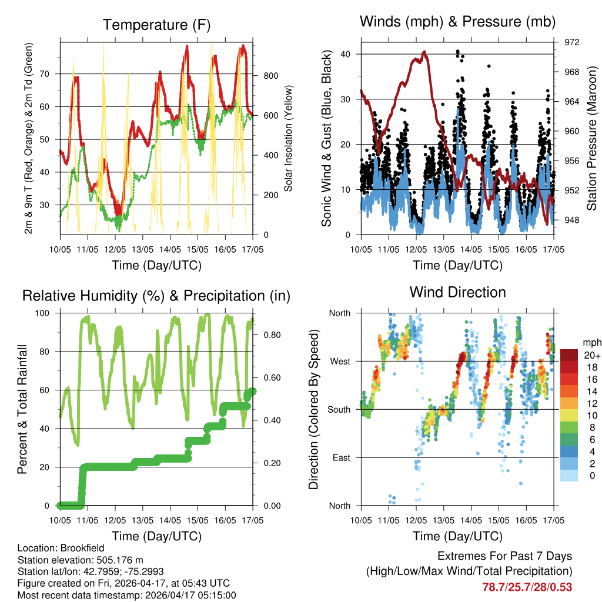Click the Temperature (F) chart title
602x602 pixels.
click(156, 25)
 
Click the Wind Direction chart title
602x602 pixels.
click(457, 292)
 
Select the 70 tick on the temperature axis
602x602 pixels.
click(49, 74)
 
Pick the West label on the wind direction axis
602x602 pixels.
click(339, 361)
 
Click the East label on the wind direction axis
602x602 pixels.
click(340, 457)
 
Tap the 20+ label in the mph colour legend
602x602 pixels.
click(591, 355)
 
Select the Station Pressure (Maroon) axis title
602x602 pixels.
click(592, 138)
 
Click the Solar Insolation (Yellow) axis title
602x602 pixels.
click(289, 138)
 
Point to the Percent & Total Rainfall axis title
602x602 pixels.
click(22, 409)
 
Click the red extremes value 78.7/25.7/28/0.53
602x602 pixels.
click(527, 587)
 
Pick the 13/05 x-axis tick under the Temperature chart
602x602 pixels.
click(142, 249)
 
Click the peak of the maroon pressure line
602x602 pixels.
click(424, 52)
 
